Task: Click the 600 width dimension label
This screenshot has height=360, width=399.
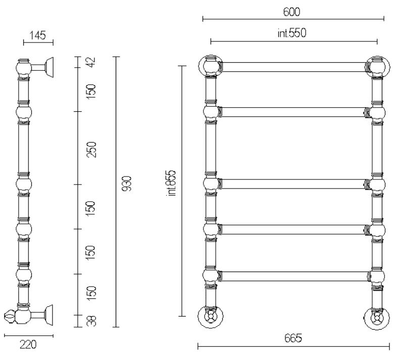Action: tap(291, 12)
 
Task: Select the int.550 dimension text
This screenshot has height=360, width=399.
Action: tap(292, 33)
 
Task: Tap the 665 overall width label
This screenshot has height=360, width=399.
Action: tap(293, 338)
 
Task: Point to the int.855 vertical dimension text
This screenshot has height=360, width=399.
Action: tap(171, 183)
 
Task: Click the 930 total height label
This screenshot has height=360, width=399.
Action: tap(126, 183)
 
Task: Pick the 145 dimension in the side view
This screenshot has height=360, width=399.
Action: tap(38, 35)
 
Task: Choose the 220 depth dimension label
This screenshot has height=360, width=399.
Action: tap(28, 344)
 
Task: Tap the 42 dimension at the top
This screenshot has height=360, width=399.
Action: tap(91, 62)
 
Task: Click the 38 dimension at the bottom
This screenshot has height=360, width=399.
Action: tap(91, 321)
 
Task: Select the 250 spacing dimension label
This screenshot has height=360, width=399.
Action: tap(91, 150)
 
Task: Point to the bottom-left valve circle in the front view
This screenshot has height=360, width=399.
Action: tap(211, 317)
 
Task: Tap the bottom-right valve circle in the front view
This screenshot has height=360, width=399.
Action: tap(377, 319)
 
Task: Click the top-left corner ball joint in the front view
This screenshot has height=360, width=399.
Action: tap(211, 65)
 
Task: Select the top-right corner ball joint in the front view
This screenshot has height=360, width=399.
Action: tap(378, 67)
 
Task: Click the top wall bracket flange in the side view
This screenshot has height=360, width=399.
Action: tap(49, 67)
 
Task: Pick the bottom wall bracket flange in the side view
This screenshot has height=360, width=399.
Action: tap(49, 315)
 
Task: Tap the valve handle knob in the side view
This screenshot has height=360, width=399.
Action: tap(10, 317)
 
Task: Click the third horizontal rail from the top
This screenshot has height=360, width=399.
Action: tap(293, 184)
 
